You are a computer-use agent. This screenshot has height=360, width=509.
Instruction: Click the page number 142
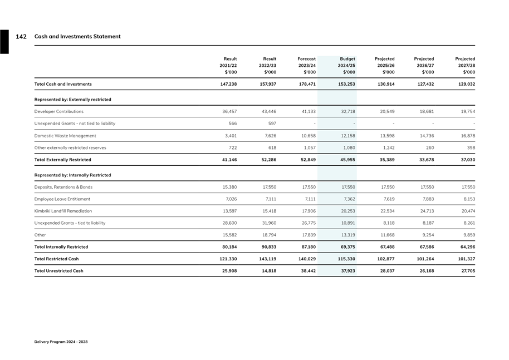(21, 37)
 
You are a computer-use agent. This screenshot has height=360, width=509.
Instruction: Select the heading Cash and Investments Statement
(77, 37)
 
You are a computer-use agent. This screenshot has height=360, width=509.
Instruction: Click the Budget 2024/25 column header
(347, 65)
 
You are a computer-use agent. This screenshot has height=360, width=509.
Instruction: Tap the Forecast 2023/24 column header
(306, 65)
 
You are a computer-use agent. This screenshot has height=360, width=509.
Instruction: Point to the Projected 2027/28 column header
(464, 65)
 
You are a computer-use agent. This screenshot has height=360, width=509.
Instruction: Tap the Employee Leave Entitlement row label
(62, 199)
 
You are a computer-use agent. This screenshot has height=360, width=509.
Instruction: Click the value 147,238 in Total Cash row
(228, 84)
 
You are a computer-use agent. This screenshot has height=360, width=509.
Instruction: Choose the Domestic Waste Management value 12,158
(347, 136)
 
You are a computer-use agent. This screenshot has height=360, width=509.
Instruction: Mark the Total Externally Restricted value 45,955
(347, 160)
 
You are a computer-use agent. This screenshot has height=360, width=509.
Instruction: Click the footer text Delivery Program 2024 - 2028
(61, 342)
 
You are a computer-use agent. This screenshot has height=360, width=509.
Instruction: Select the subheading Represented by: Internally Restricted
(72, 175)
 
